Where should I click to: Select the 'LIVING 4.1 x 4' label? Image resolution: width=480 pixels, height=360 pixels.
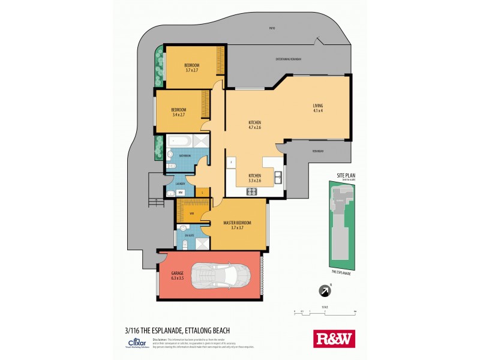tap(318, 109)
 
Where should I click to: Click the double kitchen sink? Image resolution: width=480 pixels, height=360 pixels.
tap(278, 177)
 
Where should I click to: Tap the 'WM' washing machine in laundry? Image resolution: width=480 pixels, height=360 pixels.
tap(180, 192)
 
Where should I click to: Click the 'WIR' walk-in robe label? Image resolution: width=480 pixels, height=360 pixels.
tap(192, 214)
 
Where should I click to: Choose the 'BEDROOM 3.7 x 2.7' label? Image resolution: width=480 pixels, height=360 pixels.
tap(191, 68)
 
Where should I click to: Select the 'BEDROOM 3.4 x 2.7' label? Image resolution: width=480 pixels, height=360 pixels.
tap(179, 112)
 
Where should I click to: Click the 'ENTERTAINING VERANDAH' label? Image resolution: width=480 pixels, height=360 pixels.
tap(288, 59)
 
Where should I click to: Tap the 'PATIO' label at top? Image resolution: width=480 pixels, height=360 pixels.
tap(272, 28)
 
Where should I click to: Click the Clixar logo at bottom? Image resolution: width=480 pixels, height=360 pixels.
tap(134, 342)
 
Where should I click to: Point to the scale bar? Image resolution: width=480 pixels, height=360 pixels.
tap(325, 311)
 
